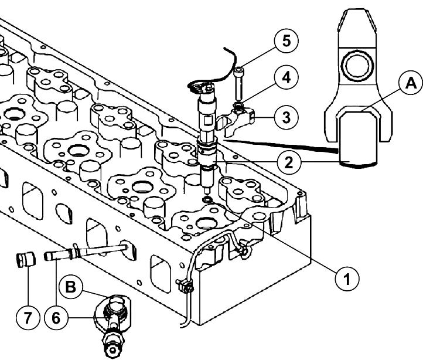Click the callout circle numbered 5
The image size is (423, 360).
[x=286, y=41]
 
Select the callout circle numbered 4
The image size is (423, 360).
[x=286, y=77]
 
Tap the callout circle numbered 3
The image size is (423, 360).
[x=286, y=117]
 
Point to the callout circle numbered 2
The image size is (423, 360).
[x=289, y=162]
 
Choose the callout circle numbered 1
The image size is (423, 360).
[x=347, y=279]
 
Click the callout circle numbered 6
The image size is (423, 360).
[x=56, y=318]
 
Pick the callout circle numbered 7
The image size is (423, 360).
[x=28, y=318]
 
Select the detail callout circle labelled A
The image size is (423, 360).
[x=411, y=83]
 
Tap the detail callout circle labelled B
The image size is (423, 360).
[x=71, y=287]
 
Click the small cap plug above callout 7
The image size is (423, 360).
[x=26, y=260]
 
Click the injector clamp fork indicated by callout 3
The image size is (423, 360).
[x=236, y=121]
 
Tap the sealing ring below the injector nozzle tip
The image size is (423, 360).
[x=207, y=200]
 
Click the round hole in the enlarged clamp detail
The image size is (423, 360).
[x=357, y=65]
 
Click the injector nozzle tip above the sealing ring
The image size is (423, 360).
[x=207, y=191]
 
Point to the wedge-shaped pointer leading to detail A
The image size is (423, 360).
[x=281, y=146]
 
